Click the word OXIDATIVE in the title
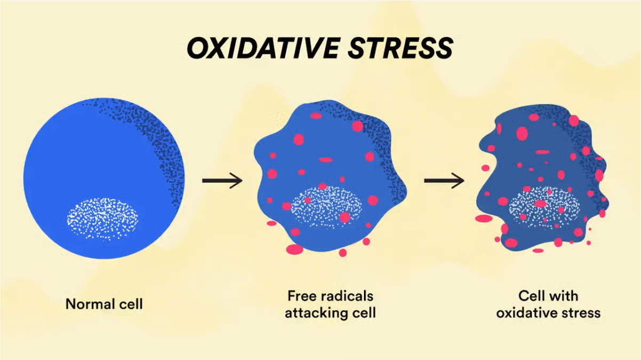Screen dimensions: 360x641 point(262,49)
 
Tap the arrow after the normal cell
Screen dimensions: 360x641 point(222,181)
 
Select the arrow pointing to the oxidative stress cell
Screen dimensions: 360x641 point(444,181)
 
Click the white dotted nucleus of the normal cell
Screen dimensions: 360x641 point(102,218)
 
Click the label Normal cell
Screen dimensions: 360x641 point(104,304)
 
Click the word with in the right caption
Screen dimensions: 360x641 point(564,296)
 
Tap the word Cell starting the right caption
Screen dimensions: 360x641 point(532,296)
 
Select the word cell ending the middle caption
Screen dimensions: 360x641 point(363,313)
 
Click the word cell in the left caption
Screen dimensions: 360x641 point(131,304)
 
